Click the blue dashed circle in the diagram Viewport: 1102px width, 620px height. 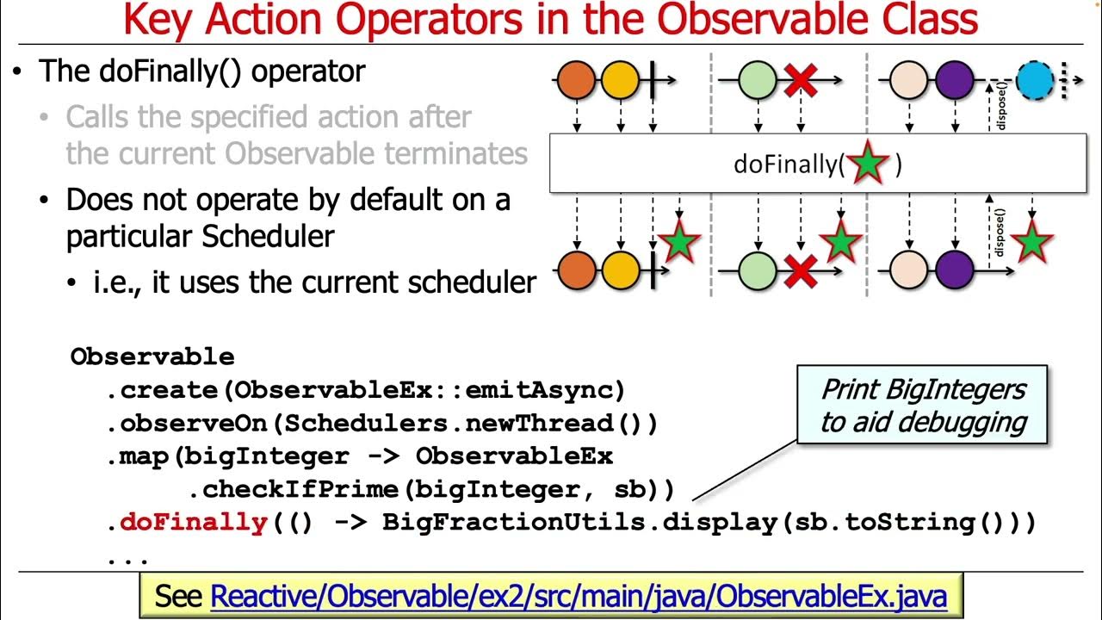[1035, 81]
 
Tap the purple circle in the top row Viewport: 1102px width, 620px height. [954, 81]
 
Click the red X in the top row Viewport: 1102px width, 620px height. [801, 81]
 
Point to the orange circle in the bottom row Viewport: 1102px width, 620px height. [577, 270]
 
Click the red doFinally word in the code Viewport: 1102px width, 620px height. [193, 522]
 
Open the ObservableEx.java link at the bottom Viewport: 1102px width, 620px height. [578, 596]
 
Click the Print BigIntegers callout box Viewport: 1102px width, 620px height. [922, 405]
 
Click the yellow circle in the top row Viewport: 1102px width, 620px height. [619, 81]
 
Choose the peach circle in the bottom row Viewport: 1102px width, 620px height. [908, 270]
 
